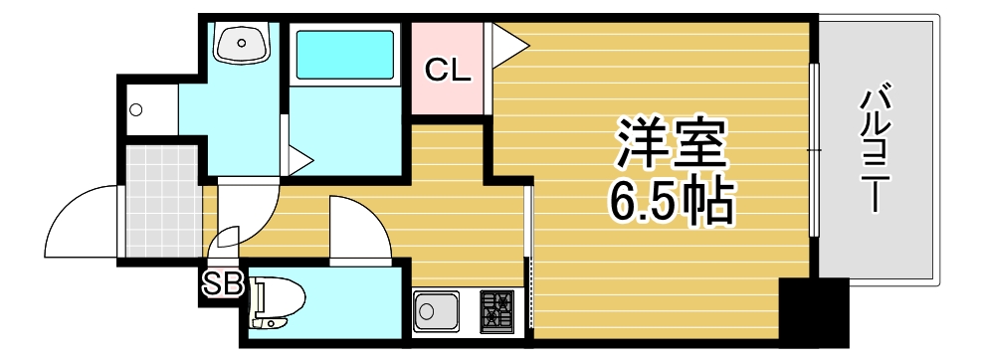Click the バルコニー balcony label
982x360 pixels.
point(875,149)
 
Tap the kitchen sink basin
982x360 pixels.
point(436,312)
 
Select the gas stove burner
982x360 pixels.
point(495,310)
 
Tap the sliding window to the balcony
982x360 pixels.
point(813,149)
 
